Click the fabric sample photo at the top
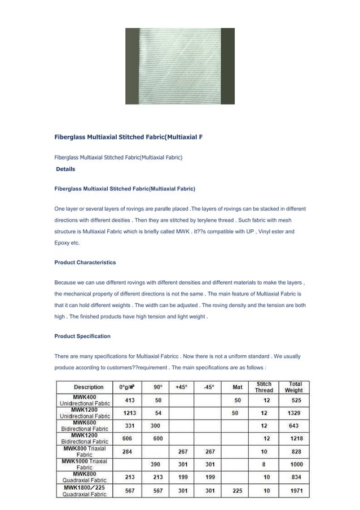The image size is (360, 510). (179, 66)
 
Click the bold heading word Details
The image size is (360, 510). (65, 169)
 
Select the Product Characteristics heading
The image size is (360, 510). (85, 263)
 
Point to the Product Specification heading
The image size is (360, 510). (82, 336)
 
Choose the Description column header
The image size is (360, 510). (89, 387)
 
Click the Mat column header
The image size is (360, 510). (238, 387)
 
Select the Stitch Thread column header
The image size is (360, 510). (264, 387)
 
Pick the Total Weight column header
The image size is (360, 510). (293, 387)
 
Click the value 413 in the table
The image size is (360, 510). (129, 400)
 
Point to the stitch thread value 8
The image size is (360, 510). (264, 464)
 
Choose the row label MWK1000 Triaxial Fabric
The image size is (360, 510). (85, 464)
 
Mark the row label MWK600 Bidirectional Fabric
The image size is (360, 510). (85, 425)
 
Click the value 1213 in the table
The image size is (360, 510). (129, 413)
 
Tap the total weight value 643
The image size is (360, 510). (293, 425)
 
